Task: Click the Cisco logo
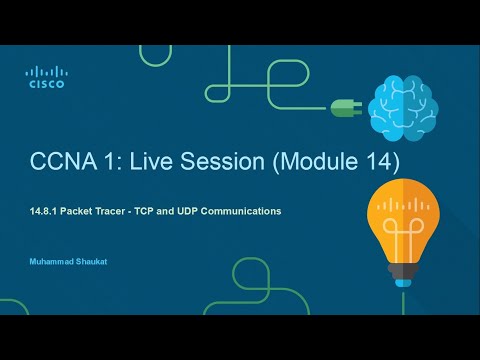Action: [45, 77]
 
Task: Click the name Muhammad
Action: [51, 262]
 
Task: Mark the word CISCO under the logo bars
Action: [45, 85]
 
